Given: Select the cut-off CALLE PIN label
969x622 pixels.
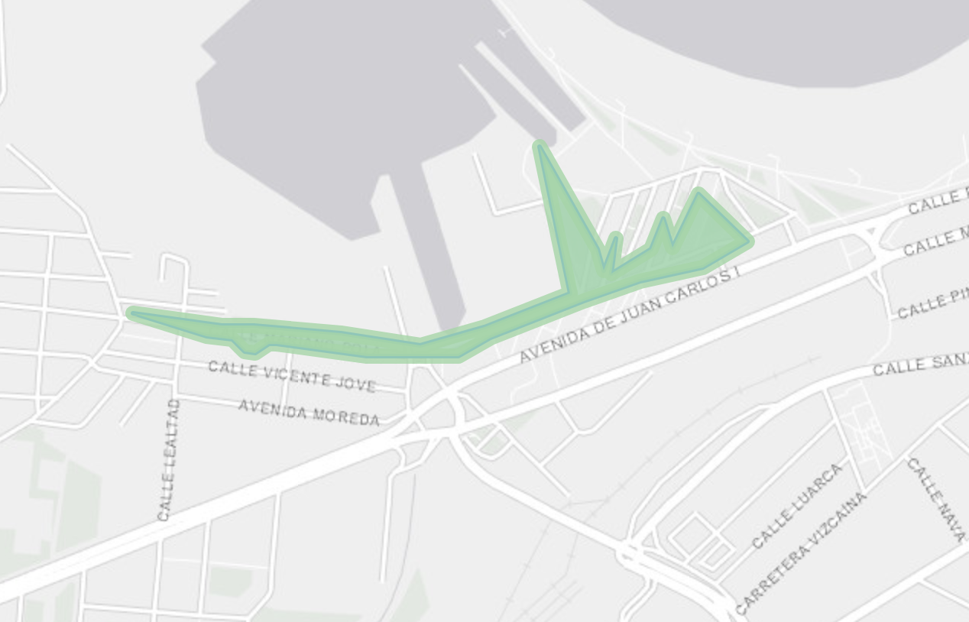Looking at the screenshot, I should pyautogui.click(x=932, y=306).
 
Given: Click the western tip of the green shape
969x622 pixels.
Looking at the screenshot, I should pyautogui.click(x=132, y=312).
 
